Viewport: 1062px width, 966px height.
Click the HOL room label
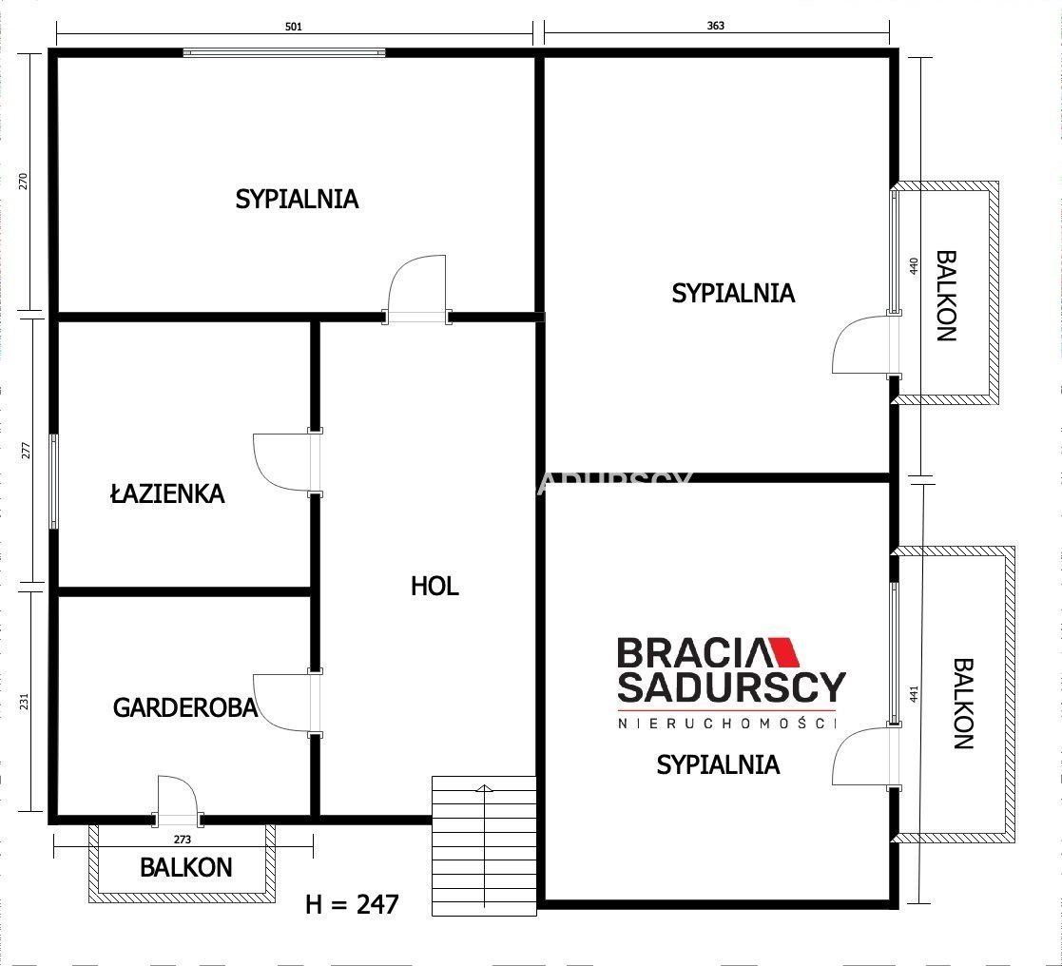tap(434, 586)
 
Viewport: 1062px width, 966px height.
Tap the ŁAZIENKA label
tap(167, 493)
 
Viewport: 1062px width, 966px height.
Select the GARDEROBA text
tap(184, 707)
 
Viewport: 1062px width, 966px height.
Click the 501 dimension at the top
tap(294, 27)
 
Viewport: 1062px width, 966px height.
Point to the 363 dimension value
tap(715, 26)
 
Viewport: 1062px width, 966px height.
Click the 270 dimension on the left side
tap(24, 181)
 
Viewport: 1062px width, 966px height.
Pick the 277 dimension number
tap(26, 451)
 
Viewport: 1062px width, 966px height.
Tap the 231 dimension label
tap(25, 701)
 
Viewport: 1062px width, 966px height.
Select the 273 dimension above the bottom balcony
tap(183, 840)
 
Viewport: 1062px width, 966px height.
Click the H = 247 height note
tap(352, 904)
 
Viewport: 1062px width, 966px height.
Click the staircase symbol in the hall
tap(484, 845)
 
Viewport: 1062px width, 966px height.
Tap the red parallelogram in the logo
tap(785, 651)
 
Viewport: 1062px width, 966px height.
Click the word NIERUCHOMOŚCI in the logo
tap(726, 723)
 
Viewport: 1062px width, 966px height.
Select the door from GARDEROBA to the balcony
tap(179, 801)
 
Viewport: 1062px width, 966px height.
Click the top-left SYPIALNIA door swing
tap(416, 289)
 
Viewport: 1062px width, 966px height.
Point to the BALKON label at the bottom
tap(185, 868)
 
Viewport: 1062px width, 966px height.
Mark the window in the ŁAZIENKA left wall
tap(53, 482)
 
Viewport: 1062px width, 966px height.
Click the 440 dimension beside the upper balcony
tap(914, 265)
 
